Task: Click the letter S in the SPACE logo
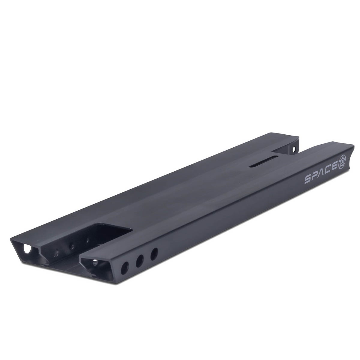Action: tap(308, 180)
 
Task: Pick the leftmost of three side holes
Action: tap(125, 268)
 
